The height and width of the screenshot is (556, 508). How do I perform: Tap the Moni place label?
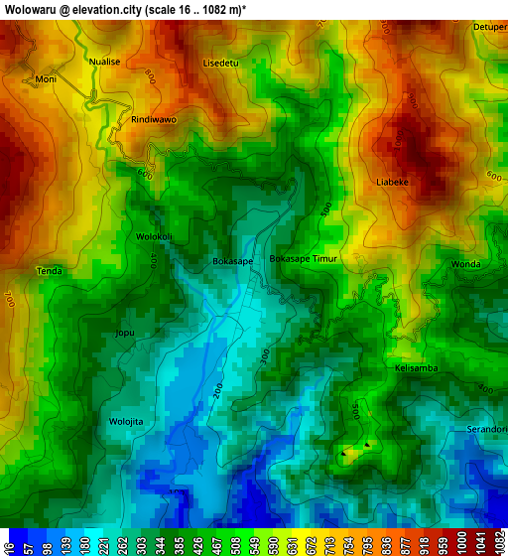[x=46, y=78]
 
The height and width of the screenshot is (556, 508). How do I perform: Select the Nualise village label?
[x=104, y=62]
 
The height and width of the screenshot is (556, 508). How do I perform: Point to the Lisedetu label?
[x=220, y=63]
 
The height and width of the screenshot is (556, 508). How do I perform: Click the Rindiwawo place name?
[x=154, y=119]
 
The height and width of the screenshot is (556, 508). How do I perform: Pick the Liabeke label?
[x=393, y=182]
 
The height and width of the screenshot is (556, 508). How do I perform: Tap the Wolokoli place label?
[x=155, y=237]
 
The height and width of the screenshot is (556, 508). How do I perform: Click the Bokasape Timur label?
[x=304, y=258]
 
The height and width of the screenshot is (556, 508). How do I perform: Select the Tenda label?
[x=49, y=271]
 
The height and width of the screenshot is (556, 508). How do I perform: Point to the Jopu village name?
[x=125, y=333]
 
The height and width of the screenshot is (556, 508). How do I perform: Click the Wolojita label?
[x=126, y=421]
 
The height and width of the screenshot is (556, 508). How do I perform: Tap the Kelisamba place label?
[x=416, y=368]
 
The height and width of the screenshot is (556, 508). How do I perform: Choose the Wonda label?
[x=465, y=264]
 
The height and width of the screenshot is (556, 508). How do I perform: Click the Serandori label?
[x=487, y=429]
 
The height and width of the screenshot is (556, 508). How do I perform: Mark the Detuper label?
[x=490, y=27]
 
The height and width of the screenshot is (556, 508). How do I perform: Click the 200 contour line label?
[x=217, y=390]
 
